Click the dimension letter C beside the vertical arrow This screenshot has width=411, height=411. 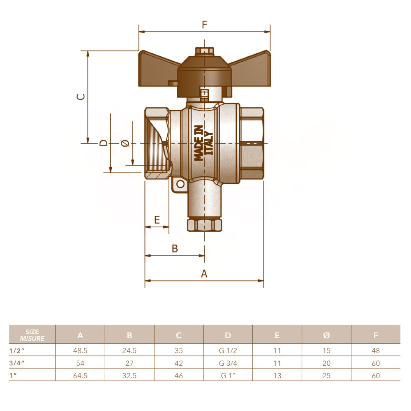tap(81, 97)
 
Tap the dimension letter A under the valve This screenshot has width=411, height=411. tap(204, 274)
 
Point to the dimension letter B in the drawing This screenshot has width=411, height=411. tap(175, 248)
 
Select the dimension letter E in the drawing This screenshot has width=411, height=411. tap(157, 219)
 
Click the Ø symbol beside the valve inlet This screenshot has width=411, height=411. tap(125, 143)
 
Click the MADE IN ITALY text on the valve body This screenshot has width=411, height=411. tap(203, 143)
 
